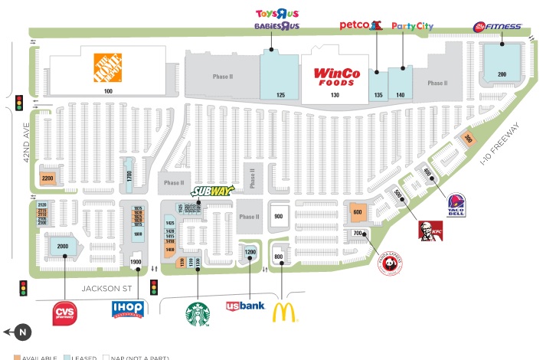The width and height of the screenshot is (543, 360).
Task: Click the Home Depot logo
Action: point(108,67)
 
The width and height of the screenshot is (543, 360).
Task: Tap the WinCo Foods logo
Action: point(335,76)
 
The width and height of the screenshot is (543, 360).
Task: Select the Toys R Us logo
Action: point(276,14)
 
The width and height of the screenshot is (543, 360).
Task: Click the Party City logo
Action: point(412,26)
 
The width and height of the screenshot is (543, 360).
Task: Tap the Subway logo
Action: point(208,190)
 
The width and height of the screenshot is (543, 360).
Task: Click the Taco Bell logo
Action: point(456,205)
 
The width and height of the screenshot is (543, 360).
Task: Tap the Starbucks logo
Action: point(198,314)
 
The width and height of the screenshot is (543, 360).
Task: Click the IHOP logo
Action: point(129,309)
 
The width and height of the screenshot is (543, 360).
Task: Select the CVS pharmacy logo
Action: point(64,313)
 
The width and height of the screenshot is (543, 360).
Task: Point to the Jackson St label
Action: point(107,288)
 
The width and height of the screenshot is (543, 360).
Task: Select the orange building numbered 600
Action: point(358,212)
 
